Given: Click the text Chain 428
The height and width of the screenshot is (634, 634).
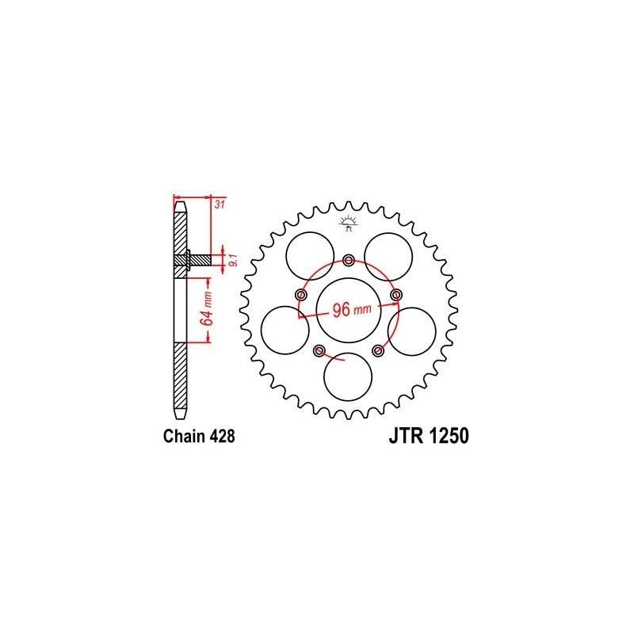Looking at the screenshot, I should click(x=198, y=436).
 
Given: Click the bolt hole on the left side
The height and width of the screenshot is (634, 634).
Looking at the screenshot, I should click(x=300, y=295).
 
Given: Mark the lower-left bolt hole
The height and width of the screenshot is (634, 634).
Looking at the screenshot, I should click(x=319, y=350).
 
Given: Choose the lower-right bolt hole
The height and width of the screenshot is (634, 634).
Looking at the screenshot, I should click(x=379, y=350).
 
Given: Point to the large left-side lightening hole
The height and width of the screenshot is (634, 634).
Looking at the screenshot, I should click(x=285, y=330).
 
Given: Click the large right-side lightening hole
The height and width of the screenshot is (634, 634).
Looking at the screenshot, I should click(x=412, y=330).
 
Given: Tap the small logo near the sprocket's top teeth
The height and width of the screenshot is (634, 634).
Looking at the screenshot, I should click(x=347, y=223).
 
